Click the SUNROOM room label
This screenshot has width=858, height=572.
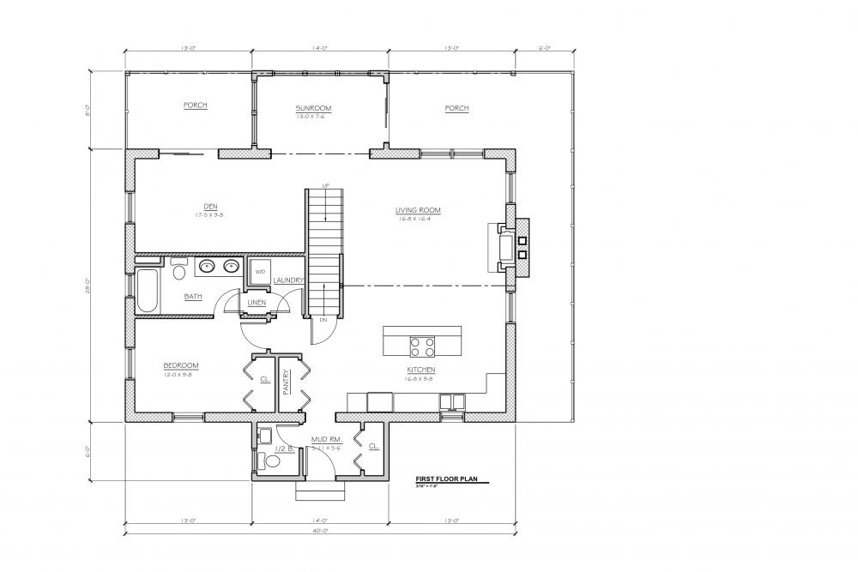[313, 108]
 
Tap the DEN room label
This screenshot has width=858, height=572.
[208, 205]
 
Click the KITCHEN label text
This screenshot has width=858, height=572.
[421, 370]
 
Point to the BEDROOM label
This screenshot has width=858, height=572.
[181, 364]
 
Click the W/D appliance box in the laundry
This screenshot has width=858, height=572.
[258, 272]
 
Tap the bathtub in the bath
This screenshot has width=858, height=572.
[146, 292]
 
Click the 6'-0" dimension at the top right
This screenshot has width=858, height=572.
[543, 50]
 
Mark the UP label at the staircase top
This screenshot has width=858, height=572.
[325, 185]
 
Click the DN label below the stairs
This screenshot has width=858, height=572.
[323, 319]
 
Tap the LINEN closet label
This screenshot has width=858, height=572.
[257, 303]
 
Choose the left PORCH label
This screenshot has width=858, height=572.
[195, 105]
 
